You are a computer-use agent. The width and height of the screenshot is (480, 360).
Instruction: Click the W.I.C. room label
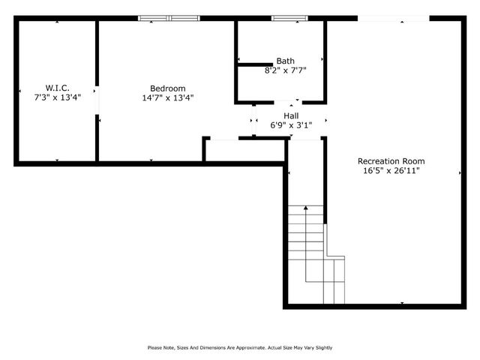pyautogui.click(x=57, y=88)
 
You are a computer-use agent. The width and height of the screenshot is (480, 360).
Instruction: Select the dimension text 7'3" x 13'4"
pyautogui.click(x=57, y=97)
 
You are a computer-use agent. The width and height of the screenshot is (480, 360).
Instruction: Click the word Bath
pyautogui.click(x=285, y=61)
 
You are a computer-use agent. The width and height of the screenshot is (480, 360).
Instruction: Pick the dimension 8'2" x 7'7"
pyautogui.click(x=285, y=70)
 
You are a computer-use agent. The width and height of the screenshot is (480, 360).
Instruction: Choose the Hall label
pyautogui.click(x=290, y=115)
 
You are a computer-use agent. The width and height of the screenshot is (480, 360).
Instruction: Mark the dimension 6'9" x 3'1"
pyautogui.click(x=290, y=125)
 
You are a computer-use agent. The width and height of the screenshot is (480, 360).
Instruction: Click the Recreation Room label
pyautogui.click(x=391, y=161)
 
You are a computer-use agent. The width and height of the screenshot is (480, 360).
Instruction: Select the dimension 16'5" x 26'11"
pyautogui.click(x=391, y=171)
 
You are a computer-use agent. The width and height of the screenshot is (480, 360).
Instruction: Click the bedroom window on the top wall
pyautogui.click(x=169, y=17)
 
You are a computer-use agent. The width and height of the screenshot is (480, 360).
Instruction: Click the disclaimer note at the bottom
pyautogui.click(x=240, y=347)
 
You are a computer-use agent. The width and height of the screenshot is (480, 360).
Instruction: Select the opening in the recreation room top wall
pyautogui.click(x=393, y=17)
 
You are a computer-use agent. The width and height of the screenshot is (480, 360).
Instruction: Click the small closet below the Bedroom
pyautogui.click(x=244, y=149)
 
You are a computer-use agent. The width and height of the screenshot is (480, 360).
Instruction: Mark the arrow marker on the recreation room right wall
pyautogui.click(x=460, y=172)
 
